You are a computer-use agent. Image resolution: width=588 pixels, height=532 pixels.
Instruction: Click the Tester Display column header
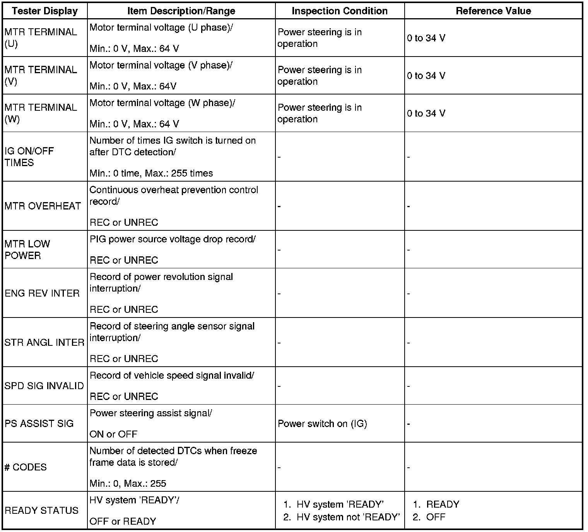(x=45, y=11)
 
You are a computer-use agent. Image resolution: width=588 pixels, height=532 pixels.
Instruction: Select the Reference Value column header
(x=493, y=11)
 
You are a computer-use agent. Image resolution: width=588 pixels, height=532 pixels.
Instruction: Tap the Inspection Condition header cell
(x=340, y=11)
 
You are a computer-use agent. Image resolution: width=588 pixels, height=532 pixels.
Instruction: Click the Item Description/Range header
(x=181, y=11)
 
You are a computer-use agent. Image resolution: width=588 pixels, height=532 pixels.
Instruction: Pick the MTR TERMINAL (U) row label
(x=41, y=38)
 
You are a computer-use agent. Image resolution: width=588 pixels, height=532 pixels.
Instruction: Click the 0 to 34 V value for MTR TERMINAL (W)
(x=426, y=113)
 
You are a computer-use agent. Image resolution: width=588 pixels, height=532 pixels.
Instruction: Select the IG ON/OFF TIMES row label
(x=29, y=157)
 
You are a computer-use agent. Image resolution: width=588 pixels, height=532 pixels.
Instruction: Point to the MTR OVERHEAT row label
(x=43, y=206)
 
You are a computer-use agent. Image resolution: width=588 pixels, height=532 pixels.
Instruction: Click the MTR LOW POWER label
(x=27, y=250)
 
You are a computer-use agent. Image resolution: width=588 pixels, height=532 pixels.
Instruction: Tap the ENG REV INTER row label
(x=42, y=293)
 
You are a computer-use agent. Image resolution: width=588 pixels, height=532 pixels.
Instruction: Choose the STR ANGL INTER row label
(x=44, y=343)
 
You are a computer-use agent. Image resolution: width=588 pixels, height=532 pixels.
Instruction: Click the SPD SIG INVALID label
(x=44, y=386)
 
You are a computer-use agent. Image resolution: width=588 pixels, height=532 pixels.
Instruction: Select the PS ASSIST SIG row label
(x=39, y=424)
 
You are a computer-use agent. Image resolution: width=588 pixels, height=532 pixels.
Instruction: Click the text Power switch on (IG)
(x=322, y=424)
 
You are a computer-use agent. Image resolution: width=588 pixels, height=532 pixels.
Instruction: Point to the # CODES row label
(x=26, y=467)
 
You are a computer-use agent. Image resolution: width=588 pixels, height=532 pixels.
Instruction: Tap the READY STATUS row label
(x=41, y=511)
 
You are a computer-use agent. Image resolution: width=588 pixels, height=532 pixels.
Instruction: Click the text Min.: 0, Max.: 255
(x=128, y=484)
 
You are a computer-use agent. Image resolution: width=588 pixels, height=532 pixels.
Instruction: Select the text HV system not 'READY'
(x=348, y=517)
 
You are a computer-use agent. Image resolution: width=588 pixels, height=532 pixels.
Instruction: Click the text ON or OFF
(x=113, y=434)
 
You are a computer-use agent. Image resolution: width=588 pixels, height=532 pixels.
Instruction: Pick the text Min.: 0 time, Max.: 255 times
(x=151, y=173)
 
